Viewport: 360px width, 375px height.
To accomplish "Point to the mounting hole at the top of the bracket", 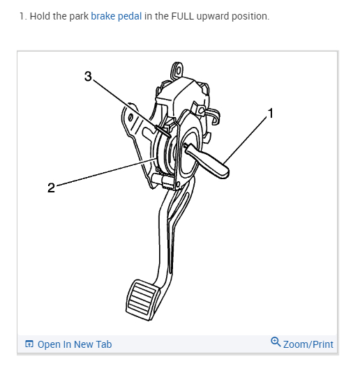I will (x=178, y=70).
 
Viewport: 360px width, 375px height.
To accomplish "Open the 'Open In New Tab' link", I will (x=74, y=344).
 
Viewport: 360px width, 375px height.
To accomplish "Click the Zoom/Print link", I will (x=308, y=344).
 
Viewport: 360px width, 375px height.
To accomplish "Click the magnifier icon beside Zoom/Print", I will (x=276, y=342).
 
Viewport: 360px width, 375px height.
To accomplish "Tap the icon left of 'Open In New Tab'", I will (x=29, y=344).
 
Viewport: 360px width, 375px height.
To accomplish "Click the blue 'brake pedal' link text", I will (x=117, y=16).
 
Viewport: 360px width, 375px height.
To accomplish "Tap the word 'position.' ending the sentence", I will (x=253, y=16).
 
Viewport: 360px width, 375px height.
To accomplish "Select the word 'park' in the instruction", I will (x=78, y=16).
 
